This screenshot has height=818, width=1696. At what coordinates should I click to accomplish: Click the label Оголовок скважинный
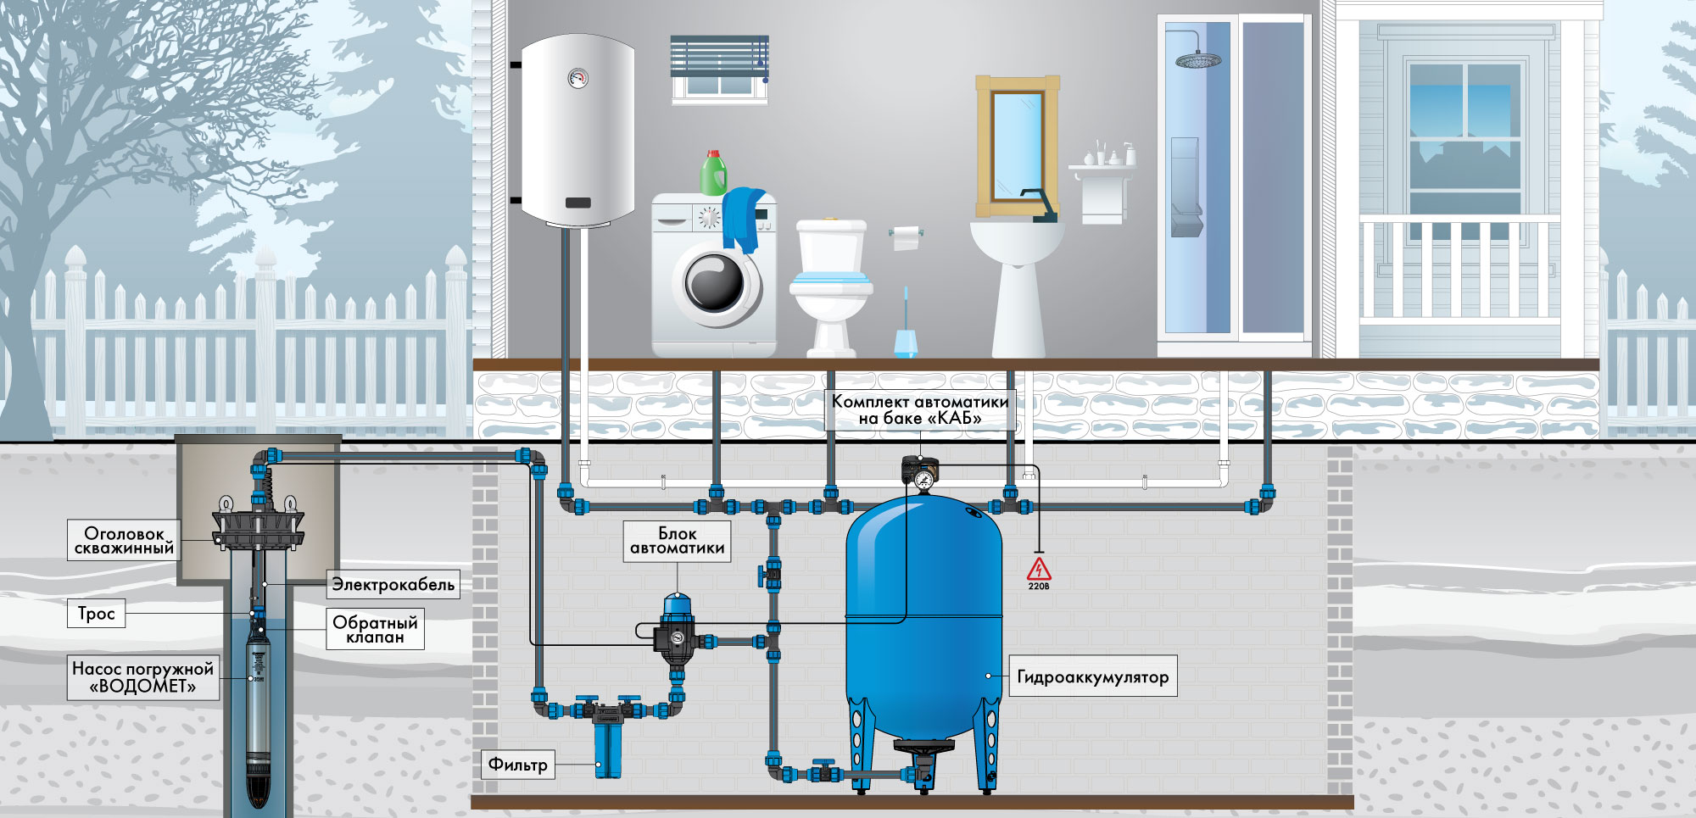[x=124, y=541]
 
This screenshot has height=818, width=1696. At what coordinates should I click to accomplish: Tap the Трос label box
[x=96, y=614]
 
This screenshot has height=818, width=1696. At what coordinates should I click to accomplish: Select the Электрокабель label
[x=393, y=584]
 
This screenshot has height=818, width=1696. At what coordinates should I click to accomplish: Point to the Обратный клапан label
[x=375, y=629]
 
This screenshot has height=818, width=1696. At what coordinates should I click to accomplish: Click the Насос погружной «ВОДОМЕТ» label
[x=142, y=677]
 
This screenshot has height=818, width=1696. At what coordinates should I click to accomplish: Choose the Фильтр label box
[x=517, y=765]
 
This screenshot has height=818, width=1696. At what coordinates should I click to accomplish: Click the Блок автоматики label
[x=677, y=541]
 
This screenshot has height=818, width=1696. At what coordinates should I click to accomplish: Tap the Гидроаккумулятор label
[x=1092, y=676]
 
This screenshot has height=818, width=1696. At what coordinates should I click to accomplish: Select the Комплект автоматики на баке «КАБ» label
[x=920, y=409]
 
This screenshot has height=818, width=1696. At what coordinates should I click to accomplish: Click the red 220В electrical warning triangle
[x=1039, y=570]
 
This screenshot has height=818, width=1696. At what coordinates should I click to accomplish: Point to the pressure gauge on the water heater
[x=577, y=78]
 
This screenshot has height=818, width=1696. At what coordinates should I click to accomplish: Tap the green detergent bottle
[x=713, y=173]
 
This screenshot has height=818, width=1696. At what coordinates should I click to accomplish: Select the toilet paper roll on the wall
[x=906, y=237]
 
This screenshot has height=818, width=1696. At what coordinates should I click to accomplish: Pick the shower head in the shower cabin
[x=1198, y=60]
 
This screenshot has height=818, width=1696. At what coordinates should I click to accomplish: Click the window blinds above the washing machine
[x=719, y=56]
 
